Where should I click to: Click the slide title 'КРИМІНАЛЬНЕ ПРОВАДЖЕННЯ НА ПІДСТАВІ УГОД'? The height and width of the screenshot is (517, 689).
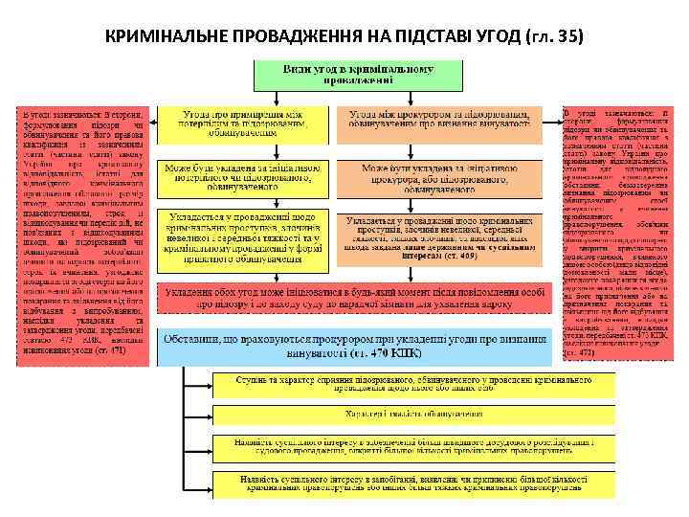316,36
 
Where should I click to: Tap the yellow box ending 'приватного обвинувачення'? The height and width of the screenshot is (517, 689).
244,239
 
